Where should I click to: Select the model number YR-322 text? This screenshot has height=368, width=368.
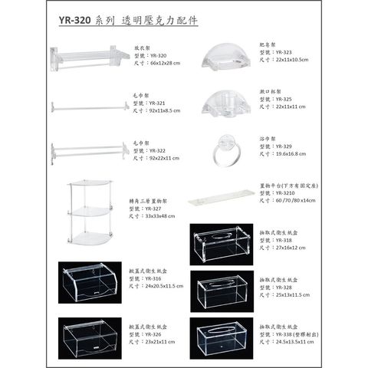click(158, 150)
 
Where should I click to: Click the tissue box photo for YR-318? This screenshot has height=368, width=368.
click(221, 244)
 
